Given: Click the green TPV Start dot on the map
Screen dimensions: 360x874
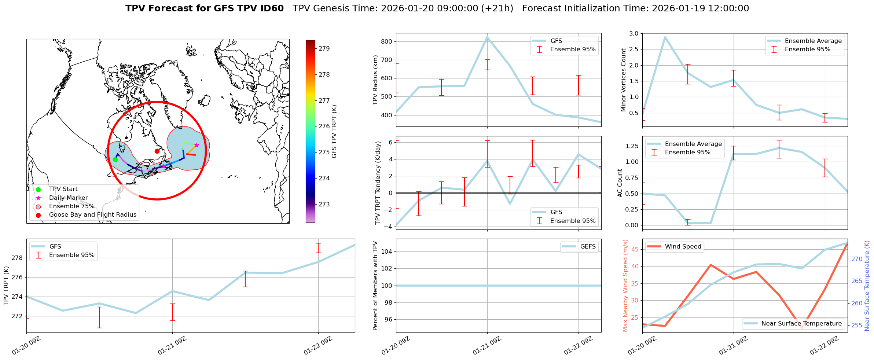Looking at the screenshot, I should (x=115, y=159).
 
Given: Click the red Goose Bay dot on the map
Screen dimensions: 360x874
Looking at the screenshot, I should (x=157, y=151).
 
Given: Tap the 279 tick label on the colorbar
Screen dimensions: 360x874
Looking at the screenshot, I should (x=324, y=48).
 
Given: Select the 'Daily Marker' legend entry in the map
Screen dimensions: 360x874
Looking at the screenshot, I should (x=68, y=198).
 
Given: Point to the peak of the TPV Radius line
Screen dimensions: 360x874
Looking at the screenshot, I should (x=487, y=37).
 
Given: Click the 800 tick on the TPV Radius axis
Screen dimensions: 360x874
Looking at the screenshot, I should (x=388, y=41).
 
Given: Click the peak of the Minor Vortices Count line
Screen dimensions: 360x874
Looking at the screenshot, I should (x=665, y=37).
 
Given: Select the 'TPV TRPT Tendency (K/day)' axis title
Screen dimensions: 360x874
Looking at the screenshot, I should (x=378, y=183).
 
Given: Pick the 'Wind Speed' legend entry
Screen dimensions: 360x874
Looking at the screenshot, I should (x=683, y=246).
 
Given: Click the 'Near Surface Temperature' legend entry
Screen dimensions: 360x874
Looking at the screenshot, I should (x=801, y=323).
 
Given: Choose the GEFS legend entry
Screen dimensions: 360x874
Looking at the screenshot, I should (x=588, y=246).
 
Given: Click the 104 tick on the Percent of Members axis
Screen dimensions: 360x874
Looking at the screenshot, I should (x=388, y=251).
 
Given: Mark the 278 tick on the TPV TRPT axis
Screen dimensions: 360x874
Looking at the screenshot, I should (x=17, y=258).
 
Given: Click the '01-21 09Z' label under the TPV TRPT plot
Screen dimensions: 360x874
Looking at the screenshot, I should (x=172, y=346).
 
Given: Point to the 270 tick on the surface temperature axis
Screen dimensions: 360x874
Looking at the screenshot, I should (x=857, y=259).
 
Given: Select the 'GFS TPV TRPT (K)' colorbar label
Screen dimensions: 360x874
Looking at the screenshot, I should (x=334, y=131).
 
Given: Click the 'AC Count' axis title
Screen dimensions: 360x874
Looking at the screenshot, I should (x=620, y=183).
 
